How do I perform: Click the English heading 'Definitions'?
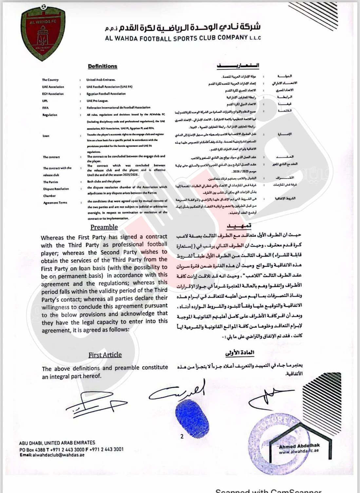(x=103, y=66)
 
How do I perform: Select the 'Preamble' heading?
(x=104, y=227)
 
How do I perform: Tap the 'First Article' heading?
(x=105, y=355)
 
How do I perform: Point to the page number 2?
(x=182, y=436)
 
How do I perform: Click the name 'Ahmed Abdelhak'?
(x=299, y=446)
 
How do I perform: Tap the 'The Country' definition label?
(x=50, y=80)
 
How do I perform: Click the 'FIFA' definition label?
(x=46, y=108)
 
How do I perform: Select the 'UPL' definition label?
(x=45, y=101)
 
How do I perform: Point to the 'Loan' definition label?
(x=46, y=136)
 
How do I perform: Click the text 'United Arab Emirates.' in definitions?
(x=101, y=80)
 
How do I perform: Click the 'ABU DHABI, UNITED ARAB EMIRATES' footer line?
(x=57, y=443)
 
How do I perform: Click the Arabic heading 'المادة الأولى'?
(x=240, y=353)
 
